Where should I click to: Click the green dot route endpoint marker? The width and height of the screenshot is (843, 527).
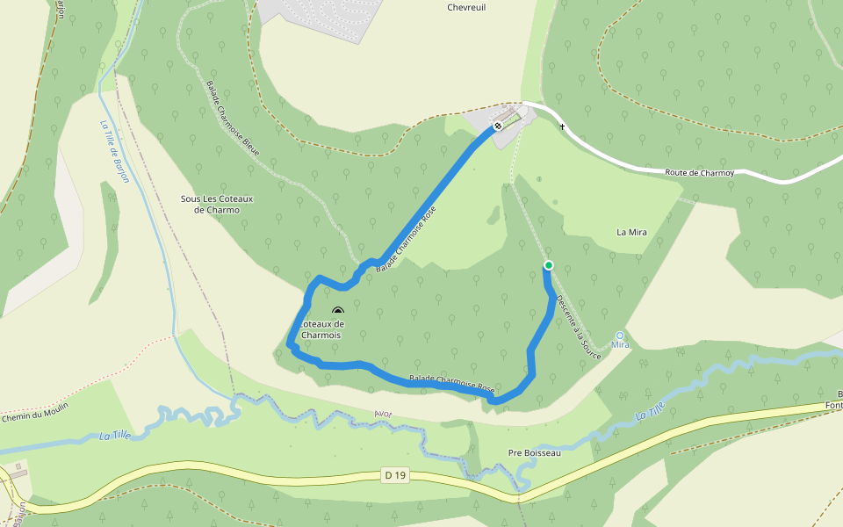(x=549, y=264)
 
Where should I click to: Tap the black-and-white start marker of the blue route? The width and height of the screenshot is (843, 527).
(x=497, y=126)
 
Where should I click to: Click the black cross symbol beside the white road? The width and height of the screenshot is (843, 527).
(x=562, y=128)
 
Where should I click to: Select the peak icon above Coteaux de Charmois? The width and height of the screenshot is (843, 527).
(x=338, y=310)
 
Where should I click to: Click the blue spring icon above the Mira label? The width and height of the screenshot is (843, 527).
(x=621, y=335)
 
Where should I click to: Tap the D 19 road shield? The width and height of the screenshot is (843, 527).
(x=396, y=475)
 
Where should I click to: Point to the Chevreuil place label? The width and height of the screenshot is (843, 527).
(x=466, y=7)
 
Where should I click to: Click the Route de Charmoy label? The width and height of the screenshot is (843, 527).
(x=700, y=173)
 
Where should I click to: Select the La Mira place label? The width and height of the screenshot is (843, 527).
(x=631, y=232)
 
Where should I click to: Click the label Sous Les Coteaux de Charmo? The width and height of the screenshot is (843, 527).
(x=217, y=204)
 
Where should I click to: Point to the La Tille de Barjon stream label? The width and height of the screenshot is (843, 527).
(x=115, y=150)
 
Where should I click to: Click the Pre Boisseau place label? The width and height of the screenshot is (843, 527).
(x=534, y=453)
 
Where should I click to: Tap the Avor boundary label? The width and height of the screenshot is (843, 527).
(x=383, y=414)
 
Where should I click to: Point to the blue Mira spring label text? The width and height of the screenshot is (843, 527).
(x=621, y=345)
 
